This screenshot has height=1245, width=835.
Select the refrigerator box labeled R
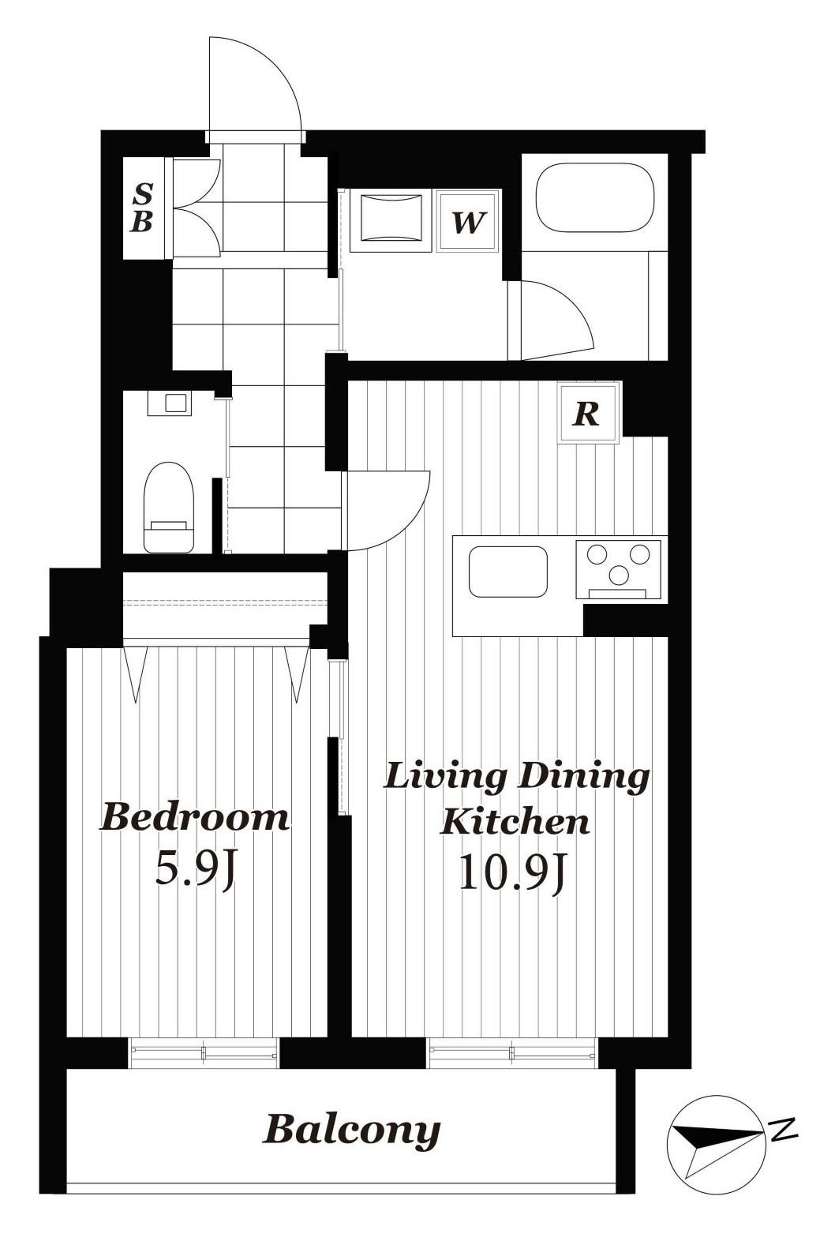588,413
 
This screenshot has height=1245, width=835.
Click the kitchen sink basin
507,572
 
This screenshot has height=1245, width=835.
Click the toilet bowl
168,508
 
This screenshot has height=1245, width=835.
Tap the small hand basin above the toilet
169,403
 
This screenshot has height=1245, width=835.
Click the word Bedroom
194,819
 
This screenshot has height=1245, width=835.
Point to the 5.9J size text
195,870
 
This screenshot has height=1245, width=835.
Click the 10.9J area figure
511,874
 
